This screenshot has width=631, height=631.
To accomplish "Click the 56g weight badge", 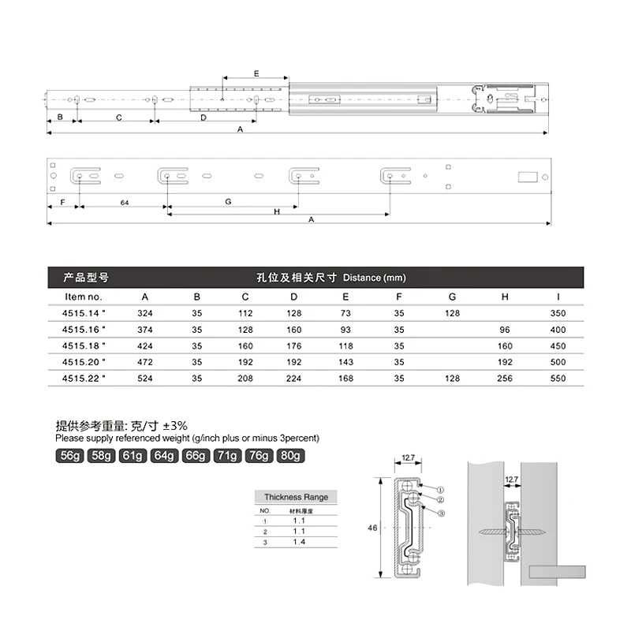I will click(x=70, y=456).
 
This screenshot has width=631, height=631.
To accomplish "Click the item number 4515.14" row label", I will click(x=84, y=313).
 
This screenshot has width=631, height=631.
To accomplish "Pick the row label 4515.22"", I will click(x=84, y=379).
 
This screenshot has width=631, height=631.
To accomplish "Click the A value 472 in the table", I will click(x=145, y=362).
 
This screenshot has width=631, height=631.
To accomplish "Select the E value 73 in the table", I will click(x=347, y=313).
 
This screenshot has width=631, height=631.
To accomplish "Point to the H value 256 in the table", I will click(x=506, y=379).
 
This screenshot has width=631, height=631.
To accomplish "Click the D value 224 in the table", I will click(x=293, y=379).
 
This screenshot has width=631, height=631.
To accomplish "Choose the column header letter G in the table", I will click(x=452, y=297).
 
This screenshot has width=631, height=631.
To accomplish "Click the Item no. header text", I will click(x=84, y=297).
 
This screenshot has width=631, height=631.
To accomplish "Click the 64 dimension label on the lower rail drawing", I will click(x=125, y=203).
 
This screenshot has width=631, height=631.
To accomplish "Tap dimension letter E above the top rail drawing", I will click(x=256, y=73).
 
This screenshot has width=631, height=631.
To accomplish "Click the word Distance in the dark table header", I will click(x=361, y=278).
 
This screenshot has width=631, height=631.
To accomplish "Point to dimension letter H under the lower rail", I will click(x=277, y=211).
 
